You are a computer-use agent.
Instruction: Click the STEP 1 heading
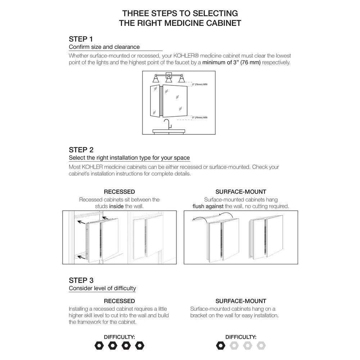click(81, 39)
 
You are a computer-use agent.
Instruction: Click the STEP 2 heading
click(81, 150)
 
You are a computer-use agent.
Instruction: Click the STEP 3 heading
click(81, 280)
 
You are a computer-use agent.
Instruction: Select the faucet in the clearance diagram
click(167, 125)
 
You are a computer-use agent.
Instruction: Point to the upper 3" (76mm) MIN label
click(199, 84)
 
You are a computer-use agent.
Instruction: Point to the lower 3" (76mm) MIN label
click(199, 117)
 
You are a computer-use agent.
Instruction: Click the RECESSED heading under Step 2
click(119, 192)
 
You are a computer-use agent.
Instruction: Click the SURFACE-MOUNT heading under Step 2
click(241, 192)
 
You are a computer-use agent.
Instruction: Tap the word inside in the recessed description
click(117, 206)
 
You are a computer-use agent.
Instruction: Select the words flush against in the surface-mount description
click(208, 206)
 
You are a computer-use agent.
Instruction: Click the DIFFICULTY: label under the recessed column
click(119, 337)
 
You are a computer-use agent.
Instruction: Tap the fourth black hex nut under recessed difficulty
click(139, 346)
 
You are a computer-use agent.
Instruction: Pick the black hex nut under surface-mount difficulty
click(220, 346)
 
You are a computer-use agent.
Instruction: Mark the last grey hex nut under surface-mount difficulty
click(261, 346)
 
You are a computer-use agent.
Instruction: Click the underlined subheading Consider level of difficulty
click(102, 288)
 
